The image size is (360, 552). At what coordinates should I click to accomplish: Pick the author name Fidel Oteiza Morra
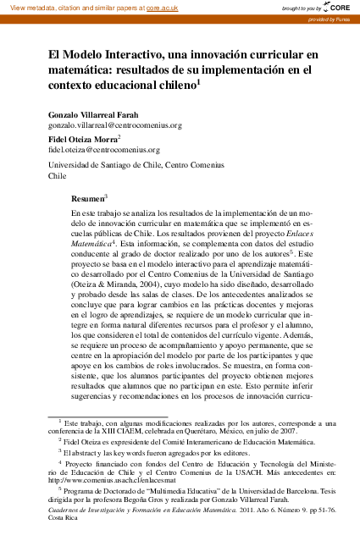click(82, 140)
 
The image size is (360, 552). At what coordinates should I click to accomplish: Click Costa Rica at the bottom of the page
click(64, 520)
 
